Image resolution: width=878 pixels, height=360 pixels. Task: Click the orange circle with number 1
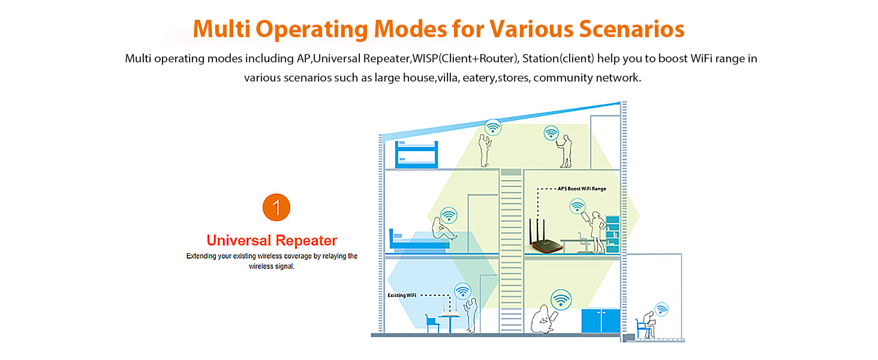(276, 207)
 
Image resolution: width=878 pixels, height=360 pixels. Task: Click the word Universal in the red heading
(239, 241)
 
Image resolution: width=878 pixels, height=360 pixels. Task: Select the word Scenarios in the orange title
(632, 29)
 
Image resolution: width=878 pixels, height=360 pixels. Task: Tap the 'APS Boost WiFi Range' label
(582, 188)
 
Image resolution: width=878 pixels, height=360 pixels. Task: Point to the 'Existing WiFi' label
(402, 295)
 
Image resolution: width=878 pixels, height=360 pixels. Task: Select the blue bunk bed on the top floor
(416, 155)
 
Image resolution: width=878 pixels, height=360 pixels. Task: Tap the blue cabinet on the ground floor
(600, 321)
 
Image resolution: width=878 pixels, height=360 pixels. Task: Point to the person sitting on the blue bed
(444, 229)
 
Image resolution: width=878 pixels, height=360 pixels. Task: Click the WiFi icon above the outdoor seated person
(661, 310)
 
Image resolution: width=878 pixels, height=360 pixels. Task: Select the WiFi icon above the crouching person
(561, 299)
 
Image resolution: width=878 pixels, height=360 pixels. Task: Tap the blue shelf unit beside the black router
(612, 234)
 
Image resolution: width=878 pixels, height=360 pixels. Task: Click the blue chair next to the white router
(432, 323)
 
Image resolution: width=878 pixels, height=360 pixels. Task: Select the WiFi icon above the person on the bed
(449, 215)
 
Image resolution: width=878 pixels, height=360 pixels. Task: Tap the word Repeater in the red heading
(306, 241)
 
